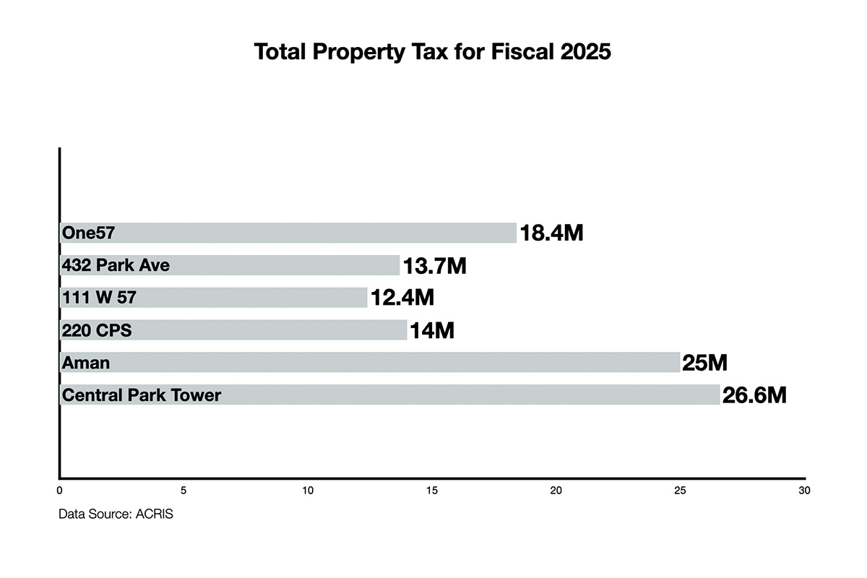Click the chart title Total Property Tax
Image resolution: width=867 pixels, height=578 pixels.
(433, 53)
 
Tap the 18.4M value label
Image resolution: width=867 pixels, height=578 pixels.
(551, 233)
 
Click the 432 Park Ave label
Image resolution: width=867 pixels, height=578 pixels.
(116, 265)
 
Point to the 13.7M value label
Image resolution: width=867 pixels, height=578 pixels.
(434, 266)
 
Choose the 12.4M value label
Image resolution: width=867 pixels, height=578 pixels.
(402, 298)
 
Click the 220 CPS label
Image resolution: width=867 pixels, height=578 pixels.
(97, 330)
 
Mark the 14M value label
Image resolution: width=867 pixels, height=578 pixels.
(431, 331)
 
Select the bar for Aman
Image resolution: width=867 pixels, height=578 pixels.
(369, 362)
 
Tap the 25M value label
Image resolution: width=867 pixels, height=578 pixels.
(704, 363)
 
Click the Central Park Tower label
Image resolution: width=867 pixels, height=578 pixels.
(142, 395)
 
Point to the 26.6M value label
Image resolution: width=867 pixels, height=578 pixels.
(754, 395)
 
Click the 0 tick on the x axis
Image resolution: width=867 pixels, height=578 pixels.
(59, 491)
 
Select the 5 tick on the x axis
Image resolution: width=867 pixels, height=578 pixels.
(184, 491)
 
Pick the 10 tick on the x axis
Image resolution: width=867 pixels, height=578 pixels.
(308, 491)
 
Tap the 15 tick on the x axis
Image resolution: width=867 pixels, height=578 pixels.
(432, 491)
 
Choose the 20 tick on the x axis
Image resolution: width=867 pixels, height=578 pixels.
(556, 491)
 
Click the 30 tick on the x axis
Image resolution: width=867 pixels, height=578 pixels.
(804, 491)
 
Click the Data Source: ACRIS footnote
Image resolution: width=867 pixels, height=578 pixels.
(116, 517)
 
